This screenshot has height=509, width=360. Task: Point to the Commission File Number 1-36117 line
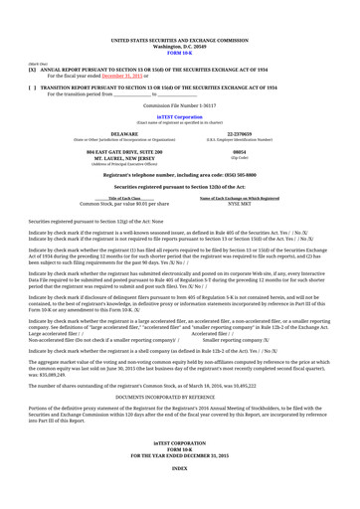pos(179,104)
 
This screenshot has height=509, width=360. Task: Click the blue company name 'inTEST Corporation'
pos(179,117)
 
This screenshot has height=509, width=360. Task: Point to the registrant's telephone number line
pos(179,175)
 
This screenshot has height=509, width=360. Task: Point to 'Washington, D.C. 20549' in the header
pos(179,18)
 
